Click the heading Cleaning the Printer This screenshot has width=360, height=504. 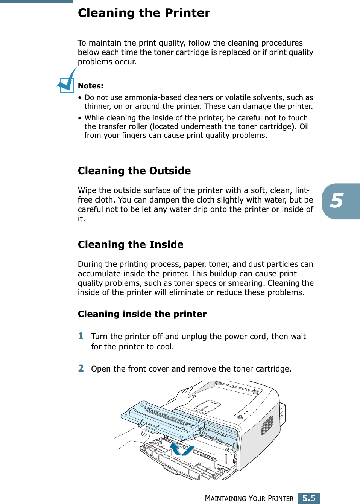coord(144,13)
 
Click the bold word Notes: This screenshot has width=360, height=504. coord(90,86)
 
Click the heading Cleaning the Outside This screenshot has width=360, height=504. coord(134,171)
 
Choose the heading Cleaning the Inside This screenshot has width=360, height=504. coord(131,245)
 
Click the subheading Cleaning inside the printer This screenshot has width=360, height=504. coord(142,314)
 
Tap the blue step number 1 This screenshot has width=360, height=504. coord(81,336)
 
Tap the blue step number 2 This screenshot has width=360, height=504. coord(81,368)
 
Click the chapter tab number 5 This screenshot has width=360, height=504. coord(337,201)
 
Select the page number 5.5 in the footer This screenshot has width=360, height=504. coord(309,498)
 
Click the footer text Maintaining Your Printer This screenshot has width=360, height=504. coord(249,498)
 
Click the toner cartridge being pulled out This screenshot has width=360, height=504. coord(162,420)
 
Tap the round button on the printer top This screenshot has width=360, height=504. coord(240,417)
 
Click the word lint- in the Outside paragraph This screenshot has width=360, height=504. coord(302,190)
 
